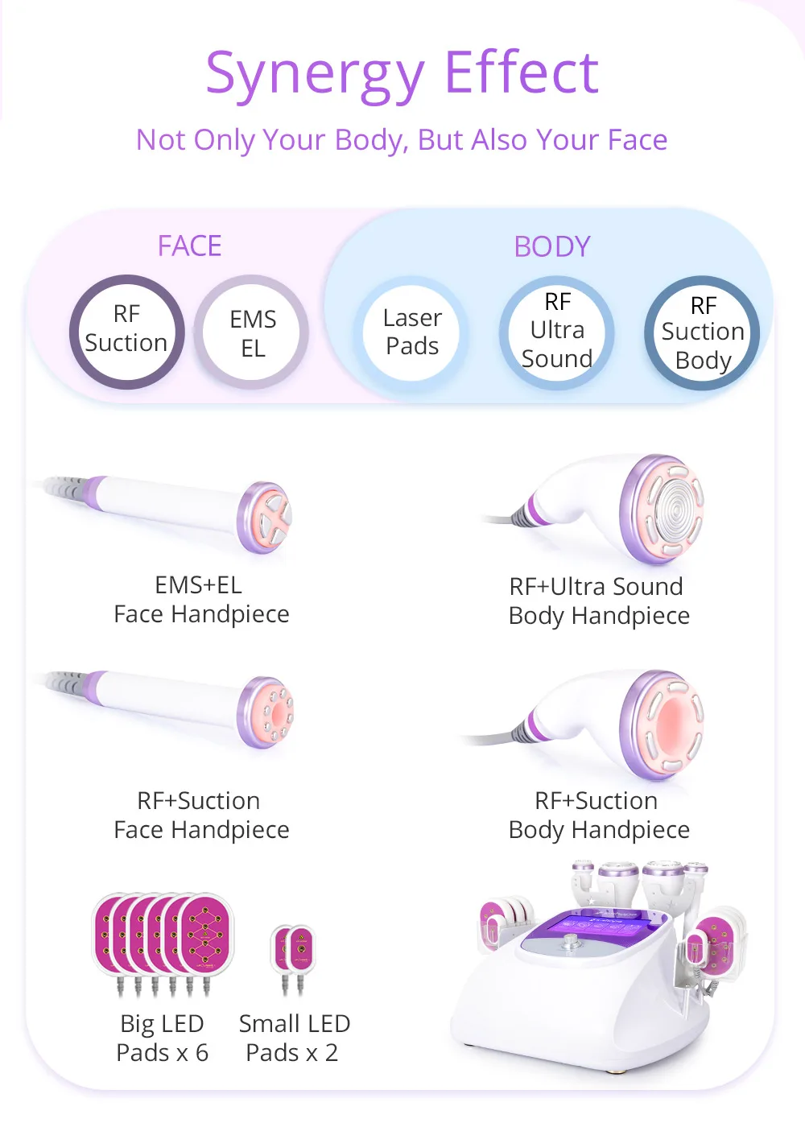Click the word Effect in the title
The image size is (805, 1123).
tap(521, 72)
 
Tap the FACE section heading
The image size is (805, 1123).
tap(189, 246)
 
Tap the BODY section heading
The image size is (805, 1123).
tap(552, 246)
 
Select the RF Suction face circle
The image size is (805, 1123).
tap(126, 332)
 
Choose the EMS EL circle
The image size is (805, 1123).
tap(253, 332)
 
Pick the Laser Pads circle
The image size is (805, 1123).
tap(412, 332)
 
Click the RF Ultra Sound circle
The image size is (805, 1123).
tap(557, 332)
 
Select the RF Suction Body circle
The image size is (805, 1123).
tap(703, 332)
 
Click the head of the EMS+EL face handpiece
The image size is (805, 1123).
tap(266, 518)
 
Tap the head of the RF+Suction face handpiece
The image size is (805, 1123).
tap(267, 712)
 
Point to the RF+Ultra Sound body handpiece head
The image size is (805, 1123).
tap(663, 508)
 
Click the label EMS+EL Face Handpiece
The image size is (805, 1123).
tap(201, 600)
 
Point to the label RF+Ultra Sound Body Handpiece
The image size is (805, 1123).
tap(598, 601)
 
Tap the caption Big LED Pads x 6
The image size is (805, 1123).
tap(163, 1038)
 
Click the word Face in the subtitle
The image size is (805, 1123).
tap(637, 140)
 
